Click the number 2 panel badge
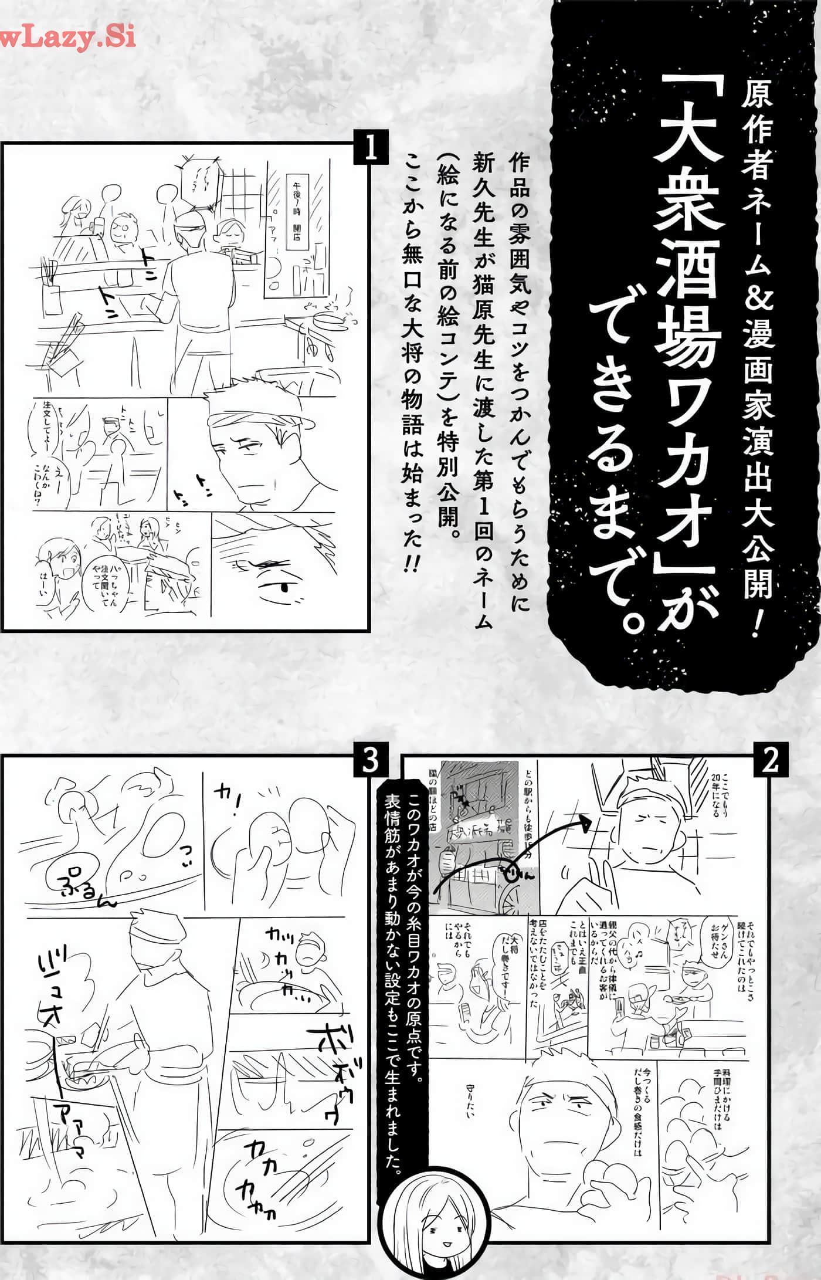coord(769,760)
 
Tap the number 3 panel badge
coord(370,760)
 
